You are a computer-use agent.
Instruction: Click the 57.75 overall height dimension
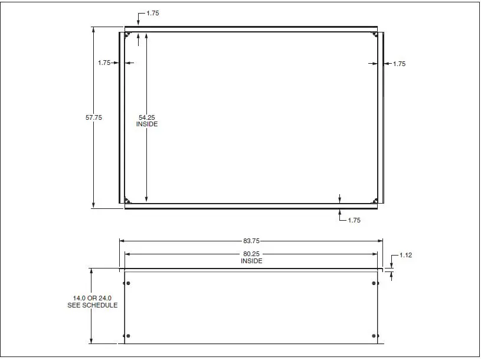pyautogui.click(x=94, y=117)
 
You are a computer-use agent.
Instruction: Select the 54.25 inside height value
pyautogui.click(x=147, y=117)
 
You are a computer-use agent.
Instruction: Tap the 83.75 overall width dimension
pyautogui.click(x=251, y=241)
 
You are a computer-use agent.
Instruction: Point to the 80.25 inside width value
pyautogui.click(x=251, y=254)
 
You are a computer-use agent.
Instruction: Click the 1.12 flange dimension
pyautogui.click(x=406, y=255)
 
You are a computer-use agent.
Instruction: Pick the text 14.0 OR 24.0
pyautogui.click(x=92, y=298)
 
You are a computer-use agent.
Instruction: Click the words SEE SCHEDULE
pyautogui.click(x=92, y=305)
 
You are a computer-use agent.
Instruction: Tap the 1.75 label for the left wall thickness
pyautogui.click(x=104, y=62)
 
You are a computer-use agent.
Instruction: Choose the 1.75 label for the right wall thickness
pyautogui.click(x=399, y=64)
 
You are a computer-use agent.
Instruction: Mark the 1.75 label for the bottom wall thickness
pyautogui.click(x=354, y=220)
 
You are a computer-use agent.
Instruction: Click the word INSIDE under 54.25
pyautogui.click(x=147, y=125)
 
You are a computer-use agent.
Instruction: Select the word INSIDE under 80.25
pyautogui.click(x=251, y=261)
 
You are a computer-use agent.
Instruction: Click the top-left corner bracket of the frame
pyautogui.click(x=127, y=35)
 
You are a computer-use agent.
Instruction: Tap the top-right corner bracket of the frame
pyautogui.click(x=375, y=35)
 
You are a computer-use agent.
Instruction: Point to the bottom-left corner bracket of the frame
pyautogui.click(x=127, y=200)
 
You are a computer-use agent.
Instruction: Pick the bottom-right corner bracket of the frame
pyautogui.click(x=375, y=200)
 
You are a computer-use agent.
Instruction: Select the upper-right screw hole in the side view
pyautogui.click(x=375, y=284)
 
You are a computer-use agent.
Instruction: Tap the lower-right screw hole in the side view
pyautogui.click(x=375, y=336)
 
